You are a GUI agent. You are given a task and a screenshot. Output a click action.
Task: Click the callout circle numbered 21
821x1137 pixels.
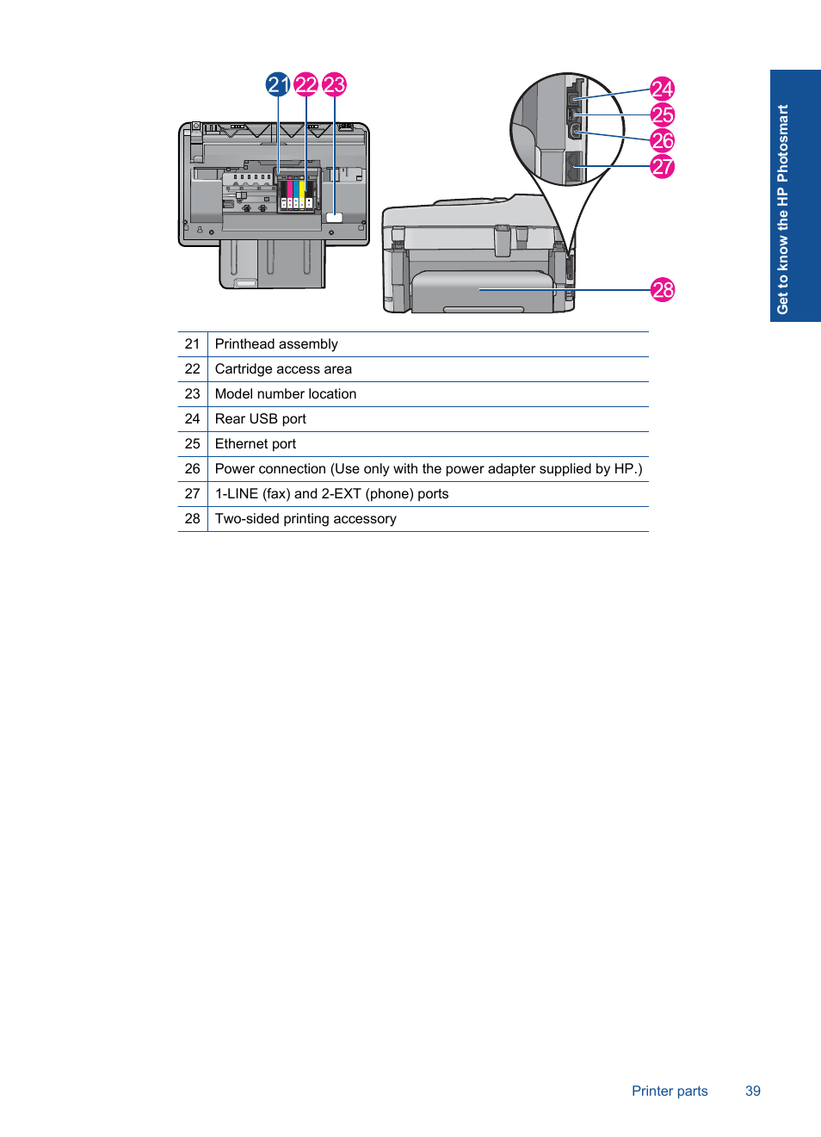point(278,84)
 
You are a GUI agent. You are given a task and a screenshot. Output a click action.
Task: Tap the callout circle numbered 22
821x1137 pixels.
point(306,84)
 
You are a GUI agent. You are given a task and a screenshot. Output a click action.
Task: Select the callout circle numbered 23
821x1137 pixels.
point(334,84)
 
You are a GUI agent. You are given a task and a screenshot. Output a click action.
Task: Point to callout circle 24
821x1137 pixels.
point(662,89)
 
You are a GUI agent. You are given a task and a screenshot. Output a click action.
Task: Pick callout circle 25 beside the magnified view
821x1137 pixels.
point(662,114)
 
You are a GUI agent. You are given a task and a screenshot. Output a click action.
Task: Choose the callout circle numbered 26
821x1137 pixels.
point(662,140)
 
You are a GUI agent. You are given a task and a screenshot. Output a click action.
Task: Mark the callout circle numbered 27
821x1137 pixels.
point(662,166)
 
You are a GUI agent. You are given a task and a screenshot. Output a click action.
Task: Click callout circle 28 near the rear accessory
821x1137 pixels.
point(663,290)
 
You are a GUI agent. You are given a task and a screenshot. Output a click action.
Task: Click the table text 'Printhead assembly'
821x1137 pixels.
point(276,344)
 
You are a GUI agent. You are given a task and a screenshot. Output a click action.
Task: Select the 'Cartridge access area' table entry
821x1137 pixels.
point(283,369)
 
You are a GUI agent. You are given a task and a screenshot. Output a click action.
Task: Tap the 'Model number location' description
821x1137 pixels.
point(286,394)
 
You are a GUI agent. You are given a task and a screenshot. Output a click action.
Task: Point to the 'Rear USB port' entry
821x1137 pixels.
point(261,419)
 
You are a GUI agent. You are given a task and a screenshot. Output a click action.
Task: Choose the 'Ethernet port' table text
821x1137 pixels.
point(256,444)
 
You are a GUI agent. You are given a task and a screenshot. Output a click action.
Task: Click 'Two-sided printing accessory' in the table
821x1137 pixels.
point(306,519)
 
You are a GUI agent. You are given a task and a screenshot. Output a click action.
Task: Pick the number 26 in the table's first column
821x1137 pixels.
point(192,469)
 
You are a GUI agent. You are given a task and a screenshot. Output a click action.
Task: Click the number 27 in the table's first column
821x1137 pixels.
point(192,494)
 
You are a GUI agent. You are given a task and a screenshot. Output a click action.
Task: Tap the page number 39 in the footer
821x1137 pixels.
point(753,1091)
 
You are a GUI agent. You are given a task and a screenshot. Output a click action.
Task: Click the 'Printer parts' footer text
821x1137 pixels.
point(670,1091)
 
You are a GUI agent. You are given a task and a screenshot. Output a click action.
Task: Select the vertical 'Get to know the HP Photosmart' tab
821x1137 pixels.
point(782,209)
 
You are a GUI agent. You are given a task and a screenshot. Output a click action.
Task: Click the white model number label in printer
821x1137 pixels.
point(335,218)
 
